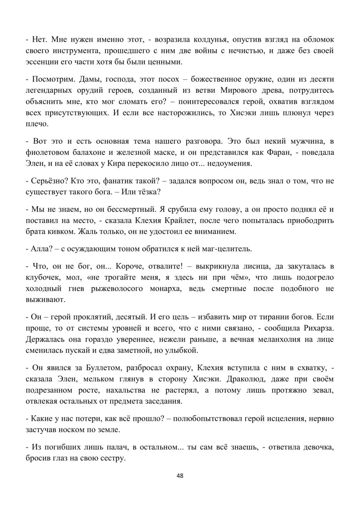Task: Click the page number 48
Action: pos(180,476)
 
